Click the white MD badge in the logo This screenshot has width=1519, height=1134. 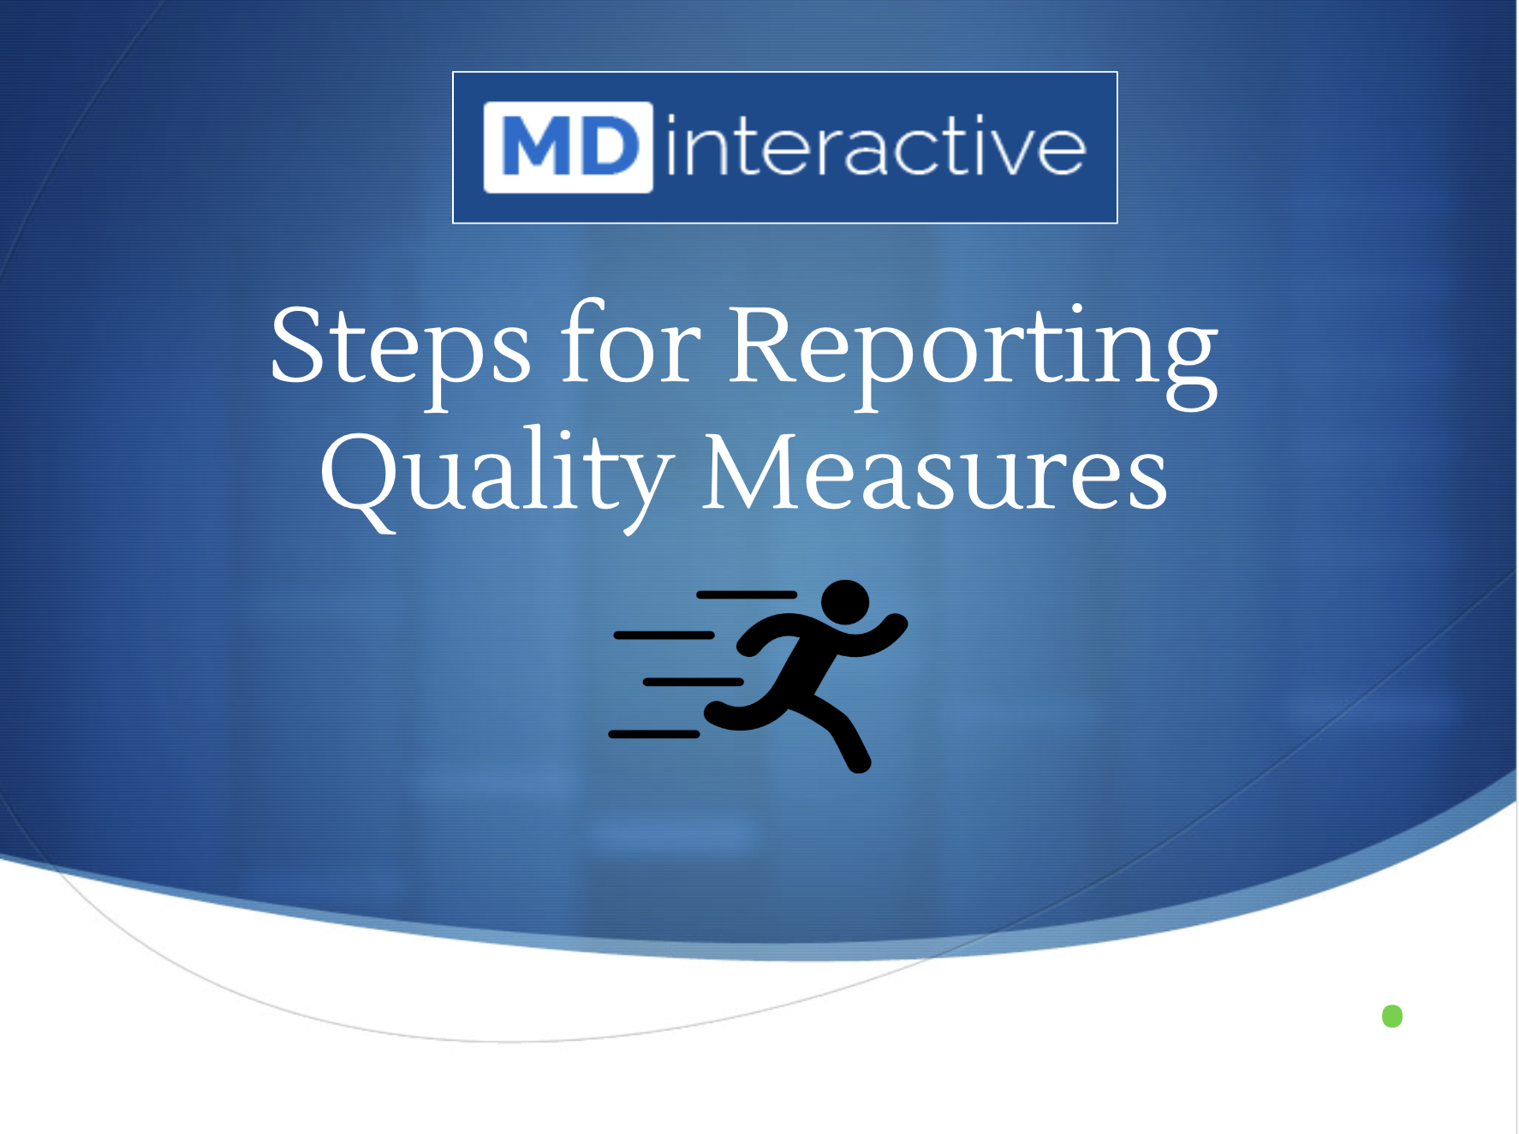coord(569,147)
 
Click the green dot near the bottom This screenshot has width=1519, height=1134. coord(1392,1017)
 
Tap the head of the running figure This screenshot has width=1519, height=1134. coord(845,602)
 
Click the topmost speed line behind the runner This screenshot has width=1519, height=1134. coord(747,594)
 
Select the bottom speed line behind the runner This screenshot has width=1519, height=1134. coord(654,734)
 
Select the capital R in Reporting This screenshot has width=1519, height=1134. coord(768,343)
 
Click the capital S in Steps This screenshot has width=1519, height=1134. coord(299,343)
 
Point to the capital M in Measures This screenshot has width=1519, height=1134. coord(751,471)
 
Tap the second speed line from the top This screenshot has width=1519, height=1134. coord(664,636)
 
